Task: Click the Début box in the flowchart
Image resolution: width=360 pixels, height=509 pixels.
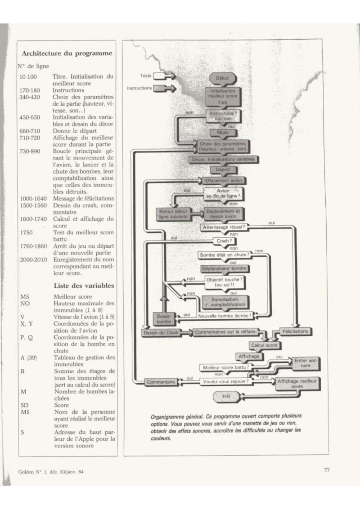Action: [x=223, y=78]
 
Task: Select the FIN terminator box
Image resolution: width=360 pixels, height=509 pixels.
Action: [x=226, y=396]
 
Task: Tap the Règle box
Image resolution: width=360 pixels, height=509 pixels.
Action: [x=223, y=133]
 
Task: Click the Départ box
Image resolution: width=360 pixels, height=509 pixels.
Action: [x=223, y=170]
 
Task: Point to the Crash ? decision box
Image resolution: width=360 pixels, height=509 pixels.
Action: [x=224, y=241]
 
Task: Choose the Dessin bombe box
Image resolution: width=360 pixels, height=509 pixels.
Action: [x=164, y=319]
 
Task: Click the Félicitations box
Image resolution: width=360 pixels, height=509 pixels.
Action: [x=295, y=331]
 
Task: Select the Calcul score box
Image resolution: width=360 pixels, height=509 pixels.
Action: [x=264, y=345]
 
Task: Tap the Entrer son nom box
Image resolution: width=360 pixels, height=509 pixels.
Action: [x=306, y=363]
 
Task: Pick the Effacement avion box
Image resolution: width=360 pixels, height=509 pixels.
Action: [x=224, y=180]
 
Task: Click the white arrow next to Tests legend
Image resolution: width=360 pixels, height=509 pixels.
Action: [x=164, y=76]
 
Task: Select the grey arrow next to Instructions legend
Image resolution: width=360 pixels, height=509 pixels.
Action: [x=164, y=88]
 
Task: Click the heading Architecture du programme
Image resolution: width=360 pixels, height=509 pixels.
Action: [x=67, y=54]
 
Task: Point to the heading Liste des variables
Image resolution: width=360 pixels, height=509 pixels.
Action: [x=84, y=286]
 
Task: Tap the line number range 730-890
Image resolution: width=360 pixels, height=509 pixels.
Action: [x=30, y=151]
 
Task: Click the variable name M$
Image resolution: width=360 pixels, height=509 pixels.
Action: [x=25, y=412]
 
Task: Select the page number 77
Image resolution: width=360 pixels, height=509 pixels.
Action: [x=327, y=470]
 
